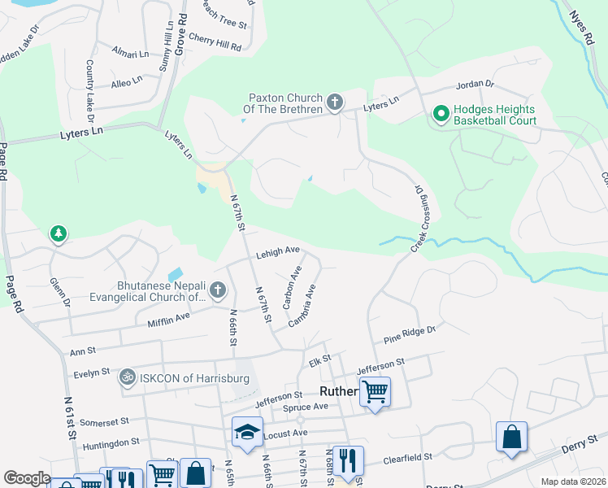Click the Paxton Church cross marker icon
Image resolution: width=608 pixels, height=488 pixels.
pos(334,103)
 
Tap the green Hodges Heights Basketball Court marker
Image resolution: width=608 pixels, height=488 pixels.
pos(441,113)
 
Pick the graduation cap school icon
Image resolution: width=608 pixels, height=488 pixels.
pos(247,432)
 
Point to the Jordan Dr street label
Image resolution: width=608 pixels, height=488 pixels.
pos(476,84)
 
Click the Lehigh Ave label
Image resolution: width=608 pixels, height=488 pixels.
pos(279,253)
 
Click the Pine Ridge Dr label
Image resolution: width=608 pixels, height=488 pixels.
pos(410,334)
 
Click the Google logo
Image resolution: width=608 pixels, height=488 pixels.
pos(27,478)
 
